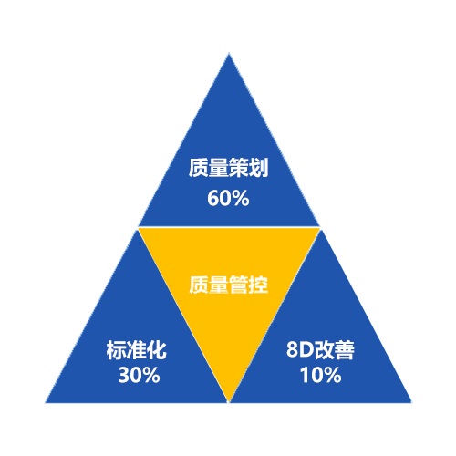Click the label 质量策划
click(x=228, y=168)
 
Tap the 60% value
click(x=228, y=198)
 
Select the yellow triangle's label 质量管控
click(x=228, y=285)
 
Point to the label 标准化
click(x=137, y=350)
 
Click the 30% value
click(x=139, y=375)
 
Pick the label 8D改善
click(x=320, y=350)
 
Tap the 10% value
click(x=321, y=375)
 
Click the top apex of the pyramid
click(x=229, y=53)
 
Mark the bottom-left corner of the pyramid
click(x=46, y=403)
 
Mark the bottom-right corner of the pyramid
click(x=412, y=403)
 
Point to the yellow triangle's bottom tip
click(x=229, y=402)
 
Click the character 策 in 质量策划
click(x=238, y=168)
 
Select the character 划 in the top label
click(x=258, y=168)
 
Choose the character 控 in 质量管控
click(x=258, y=285)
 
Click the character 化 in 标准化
click(x=157, y=350)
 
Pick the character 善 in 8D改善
click(x=345, y=350)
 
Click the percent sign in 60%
click(x=241, y=198)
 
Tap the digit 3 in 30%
click(x=124, y=375)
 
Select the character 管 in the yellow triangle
click(x=238, y=285)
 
